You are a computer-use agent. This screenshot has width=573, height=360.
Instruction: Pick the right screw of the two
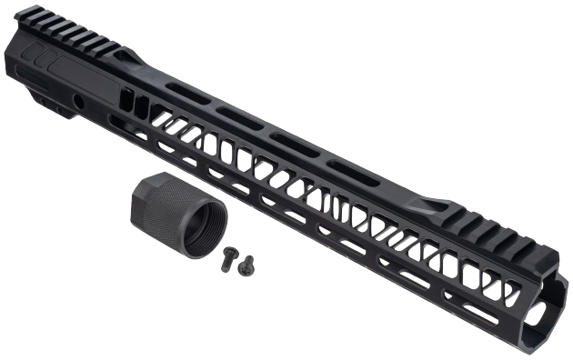tap(246, 262)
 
